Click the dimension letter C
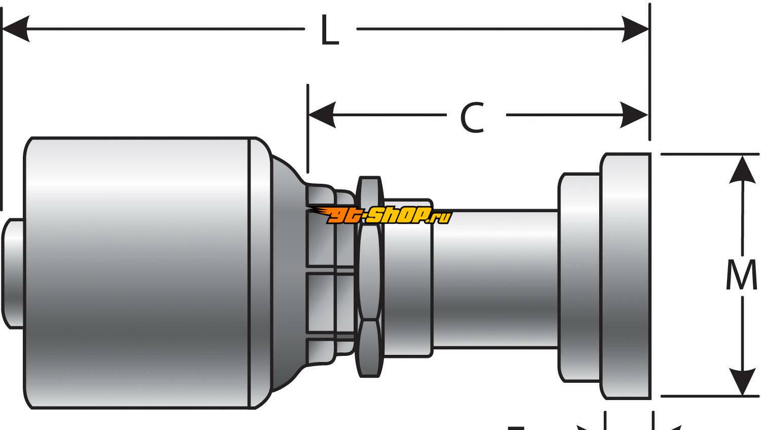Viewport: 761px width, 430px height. click(x=472, y=117)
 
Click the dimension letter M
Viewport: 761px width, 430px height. click(x=741, y=276)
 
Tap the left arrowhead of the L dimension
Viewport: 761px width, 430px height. click(x=15, y=28)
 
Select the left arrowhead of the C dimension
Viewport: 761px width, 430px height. click(x=322, y=115)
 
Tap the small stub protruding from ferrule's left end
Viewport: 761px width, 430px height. click(x=13, y=273)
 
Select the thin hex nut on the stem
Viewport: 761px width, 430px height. click(x=369, y=277)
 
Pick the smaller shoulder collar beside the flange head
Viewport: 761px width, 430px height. click(x=579, y=277)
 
